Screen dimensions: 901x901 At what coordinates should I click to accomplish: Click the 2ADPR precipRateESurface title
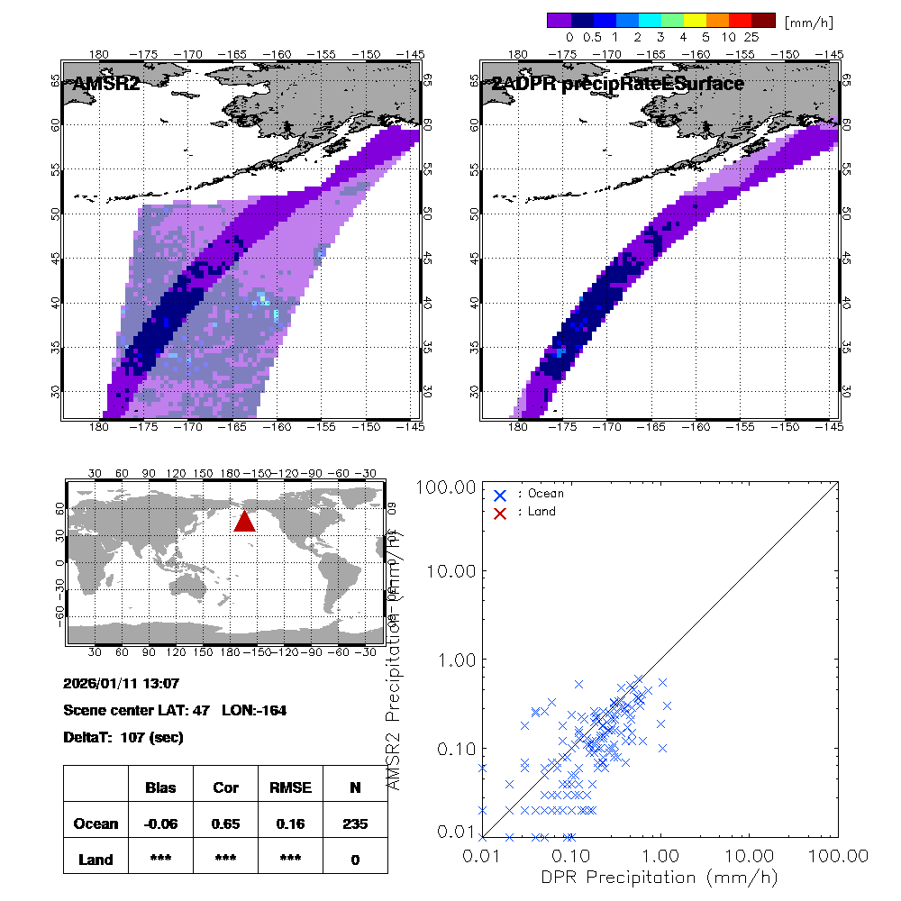[x=618, y=84]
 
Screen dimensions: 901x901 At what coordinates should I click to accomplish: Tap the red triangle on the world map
[x=244, y=522]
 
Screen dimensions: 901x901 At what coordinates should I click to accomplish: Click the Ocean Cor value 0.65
[x=225, y=824]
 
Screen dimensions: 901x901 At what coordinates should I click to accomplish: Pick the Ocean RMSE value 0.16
[x=290, y=824]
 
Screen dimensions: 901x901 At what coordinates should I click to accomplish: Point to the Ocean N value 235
[x=355, y=824]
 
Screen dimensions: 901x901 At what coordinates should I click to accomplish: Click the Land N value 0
[x=355, y=860]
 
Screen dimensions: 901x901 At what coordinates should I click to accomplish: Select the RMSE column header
[x=290, y=787]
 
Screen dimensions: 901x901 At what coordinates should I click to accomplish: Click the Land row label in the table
[x=96, y=860]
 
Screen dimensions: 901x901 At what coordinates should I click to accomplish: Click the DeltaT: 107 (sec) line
[x=123, y=737]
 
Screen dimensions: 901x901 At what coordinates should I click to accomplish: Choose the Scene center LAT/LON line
[x=175, y=710]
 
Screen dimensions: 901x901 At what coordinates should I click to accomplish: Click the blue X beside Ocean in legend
[x=500, y=495]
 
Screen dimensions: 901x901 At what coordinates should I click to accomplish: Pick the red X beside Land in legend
[x=500, y=512]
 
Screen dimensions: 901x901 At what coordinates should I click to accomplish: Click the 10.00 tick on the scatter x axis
[x=750, y=853]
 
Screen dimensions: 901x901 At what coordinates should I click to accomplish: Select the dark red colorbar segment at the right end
[x=763, y=20]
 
